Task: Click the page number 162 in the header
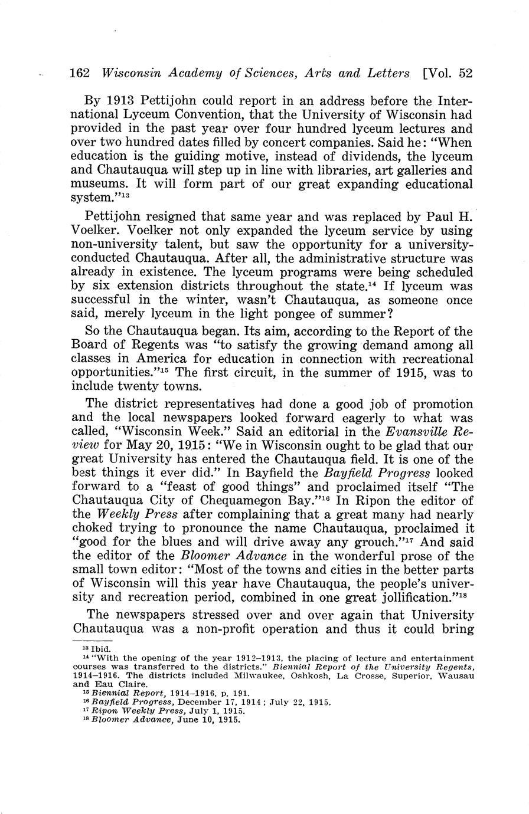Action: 79,73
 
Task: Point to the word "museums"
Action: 97,185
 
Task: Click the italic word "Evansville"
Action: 394,432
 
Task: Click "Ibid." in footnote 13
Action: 103,649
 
